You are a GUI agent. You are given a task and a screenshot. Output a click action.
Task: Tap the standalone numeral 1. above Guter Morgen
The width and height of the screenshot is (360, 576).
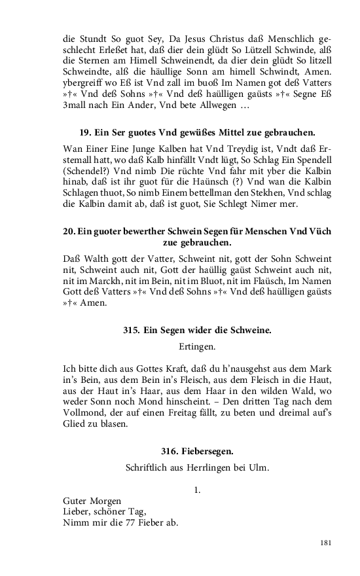point(197,489)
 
